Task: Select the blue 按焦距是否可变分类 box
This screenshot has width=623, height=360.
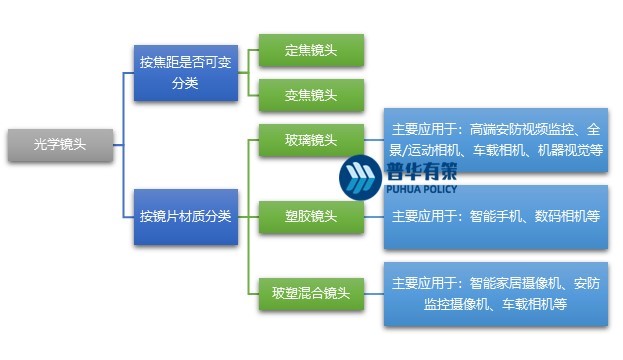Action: pos(185,72)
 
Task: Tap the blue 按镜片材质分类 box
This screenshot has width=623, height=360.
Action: pos(185,216)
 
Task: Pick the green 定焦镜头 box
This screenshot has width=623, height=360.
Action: pos(310,50)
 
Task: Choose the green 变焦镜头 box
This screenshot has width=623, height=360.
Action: pos(310,96)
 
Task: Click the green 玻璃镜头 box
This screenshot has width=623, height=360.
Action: pos(310,141)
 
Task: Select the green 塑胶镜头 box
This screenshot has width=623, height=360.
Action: pos(310,216)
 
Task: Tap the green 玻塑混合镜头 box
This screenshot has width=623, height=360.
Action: pos(310,293)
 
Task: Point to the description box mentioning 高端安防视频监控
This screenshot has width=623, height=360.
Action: pos(496,139)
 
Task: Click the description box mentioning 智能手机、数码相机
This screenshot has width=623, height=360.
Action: pos(496,216)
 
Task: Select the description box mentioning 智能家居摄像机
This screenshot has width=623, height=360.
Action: pos(496,293)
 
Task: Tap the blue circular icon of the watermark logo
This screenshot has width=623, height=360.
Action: pos(357,178)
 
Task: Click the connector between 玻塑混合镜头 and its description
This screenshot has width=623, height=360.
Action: pos(372,294)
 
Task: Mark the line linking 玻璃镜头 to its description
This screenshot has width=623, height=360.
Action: pos(372,141)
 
